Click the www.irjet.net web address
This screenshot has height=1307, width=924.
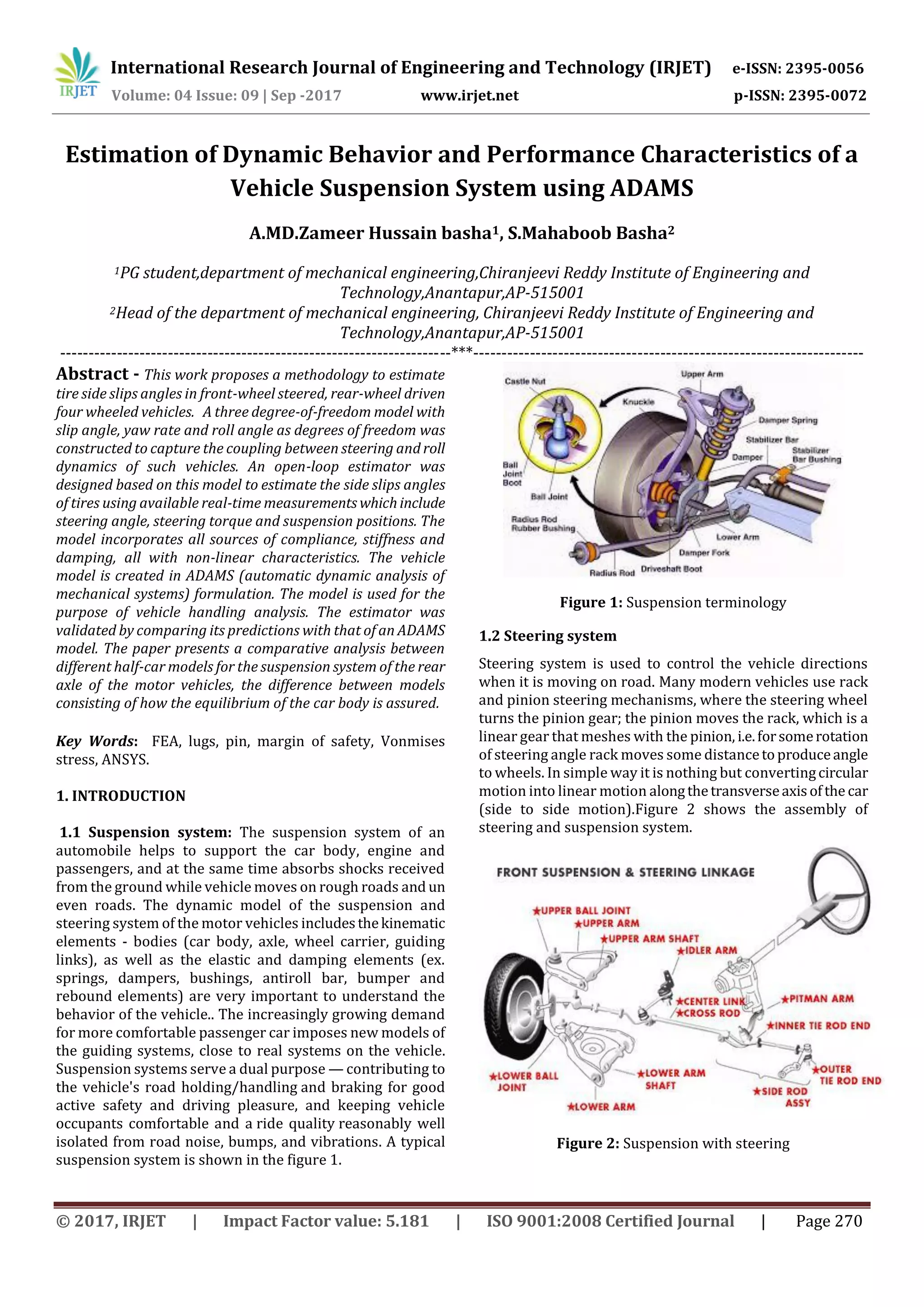[x=469, y=96]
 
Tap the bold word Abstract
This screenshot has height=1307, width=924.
[x=92, y=374]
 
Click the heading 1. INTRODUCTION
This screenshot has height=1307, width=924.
[x=121, y=796]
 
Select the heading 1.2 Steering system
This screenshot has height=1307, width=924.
[x=547, y=636]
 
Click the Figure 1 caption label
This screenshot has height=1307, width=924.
[x=591, y=602]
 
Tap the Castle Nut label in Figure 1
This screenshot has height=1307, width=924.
[x=525, y=381]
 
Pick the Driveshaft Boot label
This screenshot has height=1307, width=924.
[x=671, y=568]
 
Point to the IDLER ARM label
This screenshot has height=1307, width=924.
[x=709, y=950]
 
